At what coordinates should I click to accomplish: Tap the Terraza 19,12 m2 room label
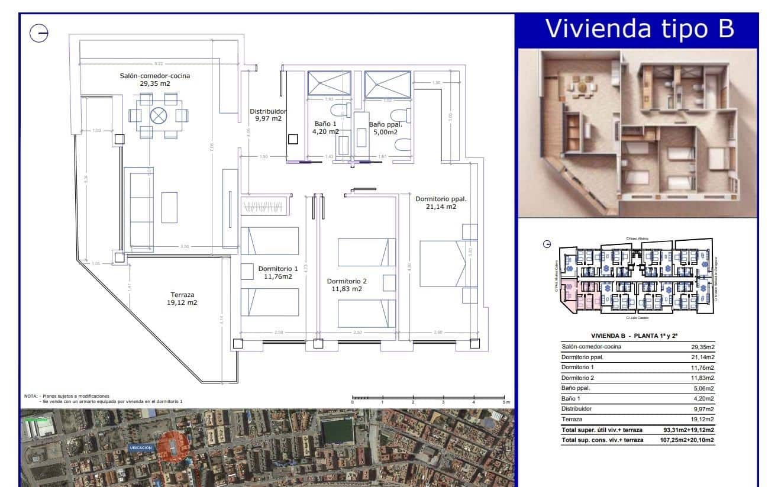point(182,298)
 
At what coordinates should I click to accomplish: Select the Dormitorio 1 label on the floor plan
point(278,272)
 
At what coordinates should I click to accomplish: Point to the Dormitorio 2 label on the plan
point(347,285)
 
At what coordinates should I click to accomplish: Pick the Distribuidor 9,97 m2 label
point(268,115)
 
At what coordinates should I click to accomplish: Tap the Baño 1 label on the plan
point(326,128)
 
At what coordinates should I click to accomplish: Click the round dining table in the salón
point(159,115)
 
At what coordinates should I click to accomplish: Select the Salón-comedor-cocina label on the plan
point(155,79)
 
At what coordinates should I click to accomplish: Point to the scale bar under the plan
point(430,398)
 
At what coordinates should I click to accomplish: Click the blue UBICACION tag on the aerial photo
point(141,448)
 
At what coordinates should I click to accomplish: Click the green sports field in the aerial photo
point(337,430)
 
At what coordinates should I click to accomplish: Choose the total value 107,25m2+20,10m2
point(686,440)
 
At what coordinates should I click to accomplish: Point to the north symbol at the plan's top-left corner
point(39,34)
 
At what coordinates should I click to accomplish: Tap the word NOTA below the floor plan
point(30,396)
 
